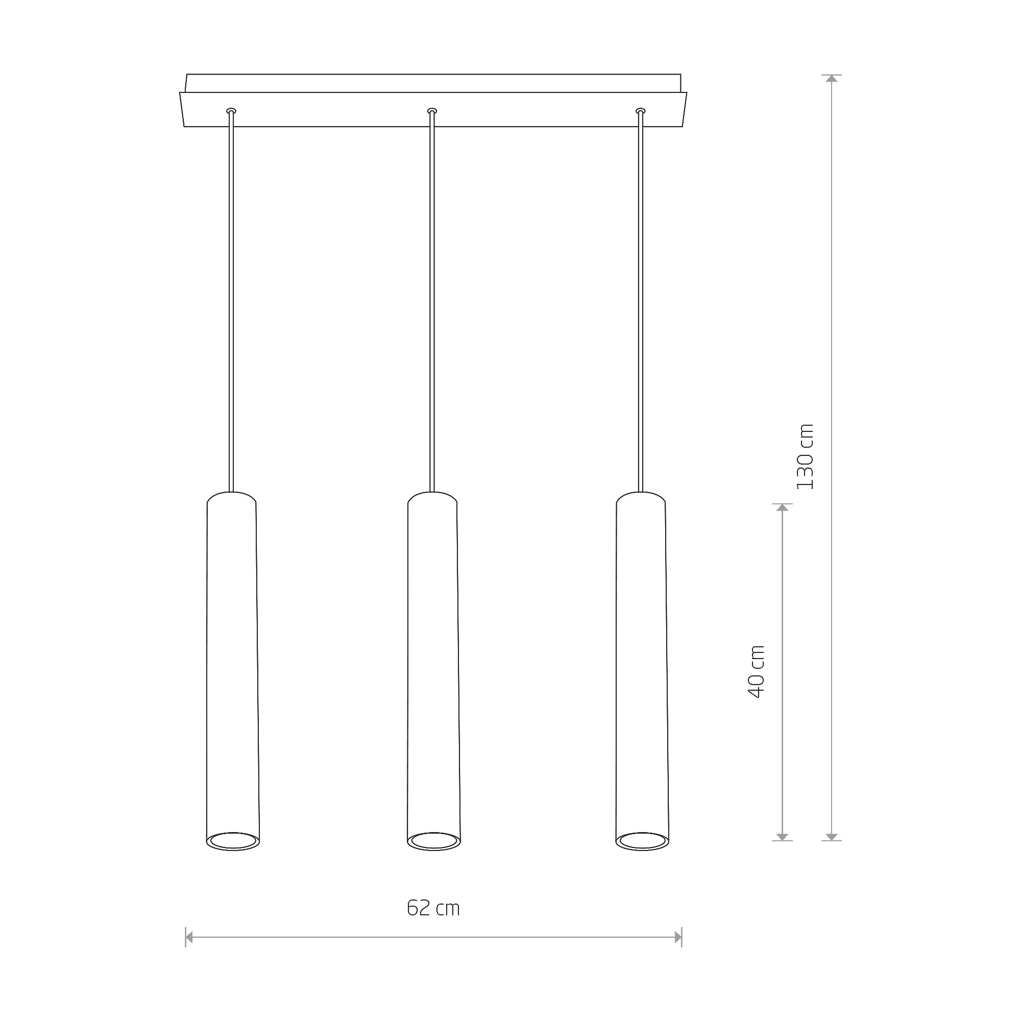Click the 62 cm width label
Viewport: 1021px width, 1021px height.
433,908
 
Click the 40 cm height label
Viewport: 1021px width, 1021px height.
757,672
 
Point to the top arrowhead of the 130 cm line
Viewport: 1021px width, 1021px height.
832,79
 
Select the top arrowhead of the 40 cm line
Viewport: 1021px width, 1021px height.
782,507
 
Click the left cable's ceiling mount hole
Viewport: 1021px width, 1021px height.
231,111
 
